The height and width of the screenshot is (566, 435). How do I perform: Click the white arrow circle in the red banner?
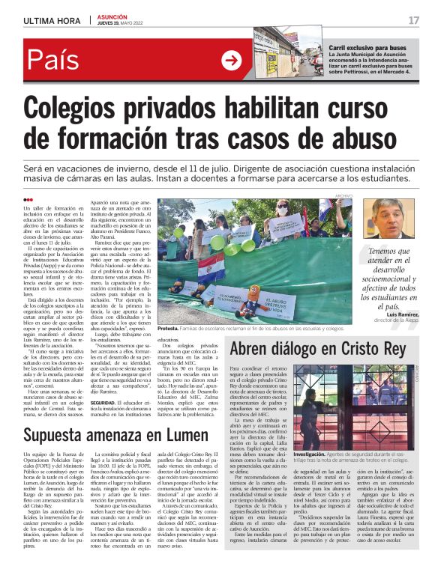tap(232, 61)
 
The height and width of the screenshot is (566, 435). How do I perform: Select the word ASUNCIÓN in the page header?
tap(112, 15)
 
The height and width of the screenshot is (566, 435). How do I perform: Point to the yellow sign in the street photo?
tap(272, 61)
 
